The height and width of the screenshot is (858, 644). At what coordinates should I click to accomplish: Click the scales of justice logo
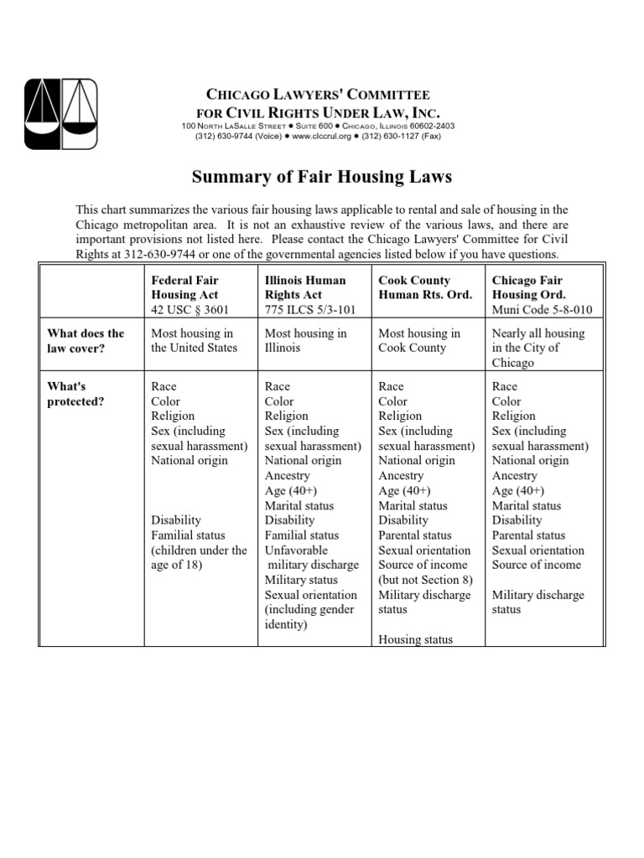tap(61, 114)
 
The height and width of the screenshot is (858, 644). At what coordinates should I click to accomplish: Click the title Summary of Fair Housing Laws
tap(322, 177)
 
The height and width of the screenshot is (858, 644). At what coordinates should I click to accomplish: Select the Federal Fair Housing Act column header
tap(184, 287)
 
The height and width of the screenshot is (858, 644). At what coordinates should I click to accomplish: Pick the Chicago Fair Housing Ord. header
tap(527, 287)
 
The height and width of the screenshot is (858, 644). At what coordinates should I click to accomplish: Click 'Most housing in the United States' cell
tap(193, 341)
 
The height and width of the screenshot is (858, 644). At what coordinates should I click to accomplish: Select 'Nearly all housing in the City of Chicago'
tap(538, 348)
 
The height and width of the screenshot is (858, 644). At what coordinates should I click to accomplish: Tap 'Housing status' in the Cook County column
tap(415, 639)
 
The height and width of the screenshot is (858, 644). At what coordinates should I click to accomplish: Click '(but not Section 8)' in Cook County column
tap(425, 580)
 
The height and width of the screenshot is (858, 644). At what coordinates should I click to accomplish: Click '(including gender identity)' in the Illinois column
tap(310, 618)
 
